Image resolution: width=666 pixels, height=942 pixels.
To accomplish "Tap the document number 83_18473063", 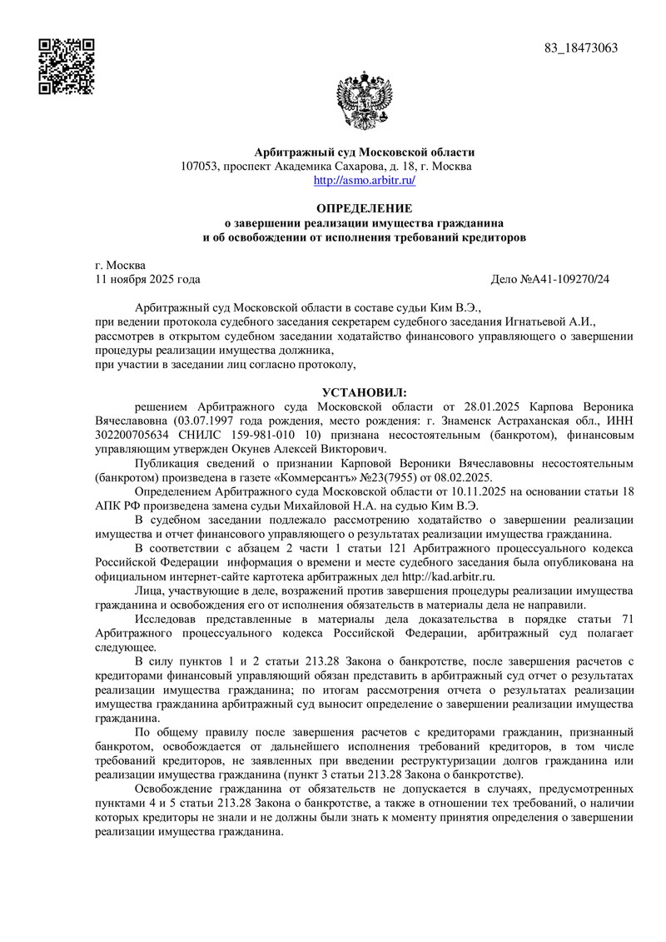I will tap(581, 47).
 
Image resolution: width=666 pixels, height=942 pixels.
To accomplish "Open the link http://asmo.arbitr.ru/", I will tap(364, 179).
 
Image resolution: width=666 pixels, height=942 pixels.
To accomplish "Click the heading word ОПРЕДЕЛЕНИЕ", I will tap(364, 207).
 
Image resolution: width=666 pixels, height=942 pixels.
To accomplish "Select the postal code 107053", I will tap(199, 166).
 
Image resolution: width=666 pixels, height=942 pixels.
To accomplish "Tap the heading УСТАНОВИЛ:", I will tap(365, 391).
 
